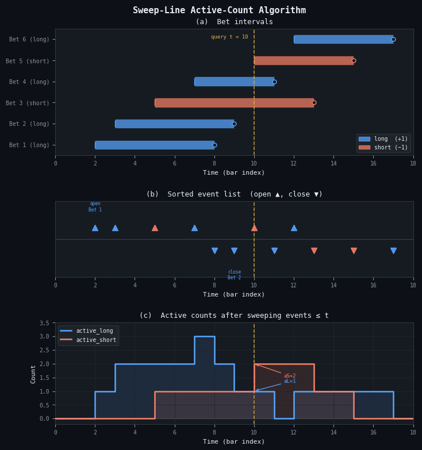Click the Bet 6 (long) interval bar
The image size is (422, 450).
point(343,39)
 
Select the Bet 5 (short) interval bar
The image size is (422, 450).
point(304,60)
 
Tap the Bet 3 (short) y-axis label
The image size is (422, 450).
point(28,103)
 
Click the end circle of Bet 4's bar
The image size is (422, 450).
point(274,82)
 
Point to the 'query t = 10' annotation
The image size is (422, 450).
point(229,37)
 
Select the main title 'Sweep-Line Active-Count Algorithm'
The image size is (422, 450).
point(219,10)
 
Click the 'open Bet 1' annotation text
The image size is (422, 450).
point(95,207)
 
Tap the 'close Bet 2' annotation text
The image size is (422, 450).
point(234,275)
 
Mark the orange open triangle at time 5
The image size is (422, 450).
point(155,228)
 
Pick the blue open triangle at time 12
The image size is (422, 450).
point(294,228)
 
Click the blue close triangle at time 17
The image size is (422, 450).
point(393,251)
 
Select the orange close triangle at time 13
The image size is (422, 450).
point(314,251)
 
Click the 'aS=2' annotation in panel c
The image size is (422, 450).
point(290,376)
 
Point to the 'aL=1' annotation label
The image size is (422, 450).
point(290,381)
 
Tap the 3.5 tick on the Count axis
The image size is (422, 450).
point(44,323)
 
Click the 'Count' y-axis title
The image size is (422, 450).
point(33,374)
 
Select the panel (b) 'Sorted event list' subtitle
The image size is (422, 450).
point(234,194)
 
